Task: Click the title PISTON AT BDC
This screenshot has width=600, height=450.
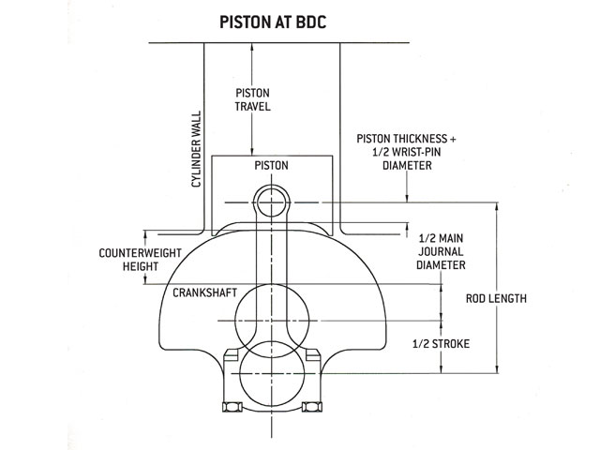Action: (x=272, y=21)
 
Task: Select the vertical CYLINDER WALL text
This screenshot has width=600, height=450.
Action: (x=197, y=149)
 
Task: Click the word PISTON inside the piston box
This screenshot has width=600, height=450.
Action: (x=271, y=166)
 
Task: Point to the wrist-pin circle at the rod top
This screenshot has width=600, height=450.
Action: (x=272, y=201)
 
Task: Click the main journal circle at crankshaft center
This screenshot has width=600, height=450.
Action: (x=272, y=321)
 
